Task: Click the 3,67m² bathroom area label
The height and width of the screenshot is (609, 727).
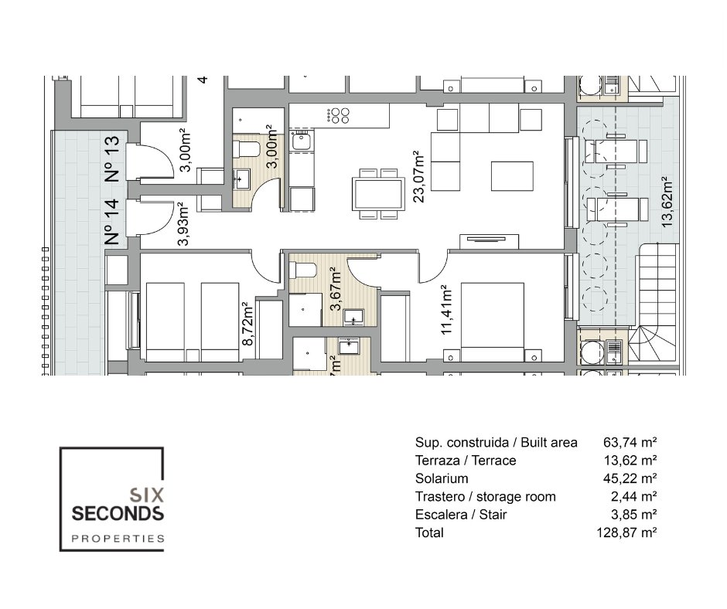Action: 335,289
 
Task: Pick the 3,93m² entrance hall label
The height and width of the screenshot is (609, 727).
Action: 183,224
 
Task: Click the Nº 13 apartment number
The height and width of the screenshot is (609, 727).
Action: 111,158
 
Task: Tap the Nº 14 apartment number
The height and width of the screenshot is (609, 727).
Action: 111,222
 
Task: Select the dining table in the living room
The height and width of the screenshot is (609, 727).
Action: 377,193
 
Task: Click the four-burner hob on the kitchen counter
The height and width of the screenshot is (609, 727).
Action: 339,115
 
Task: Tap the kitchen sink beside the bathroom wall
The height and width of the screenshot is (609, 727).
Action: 299,141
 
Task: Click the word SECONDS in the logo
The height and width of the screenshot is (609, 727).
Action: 117,513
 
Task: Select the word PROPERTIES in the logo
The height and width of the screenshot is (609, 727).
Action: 117,538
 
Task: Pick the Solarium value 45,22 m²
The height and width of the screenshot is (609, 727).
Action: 630,478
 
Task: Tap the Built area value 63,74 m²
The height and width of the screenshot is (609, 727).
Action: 630,443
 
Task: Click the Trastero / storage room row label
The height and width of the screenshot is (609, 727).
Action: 485,496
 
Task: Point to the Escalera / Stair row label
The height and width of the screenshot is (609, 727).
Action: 460,515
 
